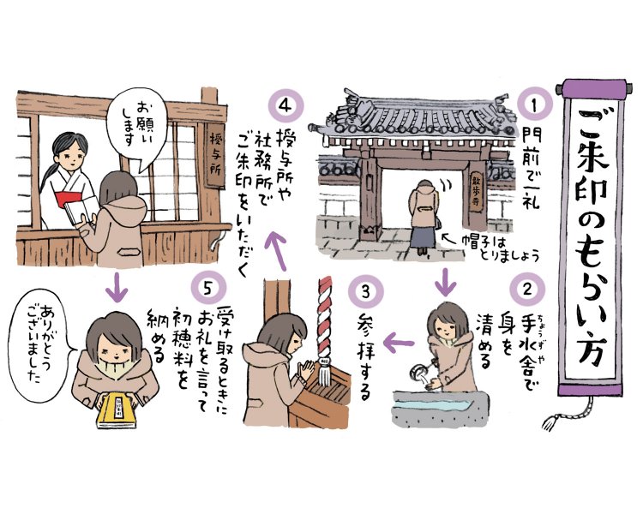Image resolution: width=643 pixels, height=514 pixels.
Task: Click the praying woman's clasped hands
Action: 305,369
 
